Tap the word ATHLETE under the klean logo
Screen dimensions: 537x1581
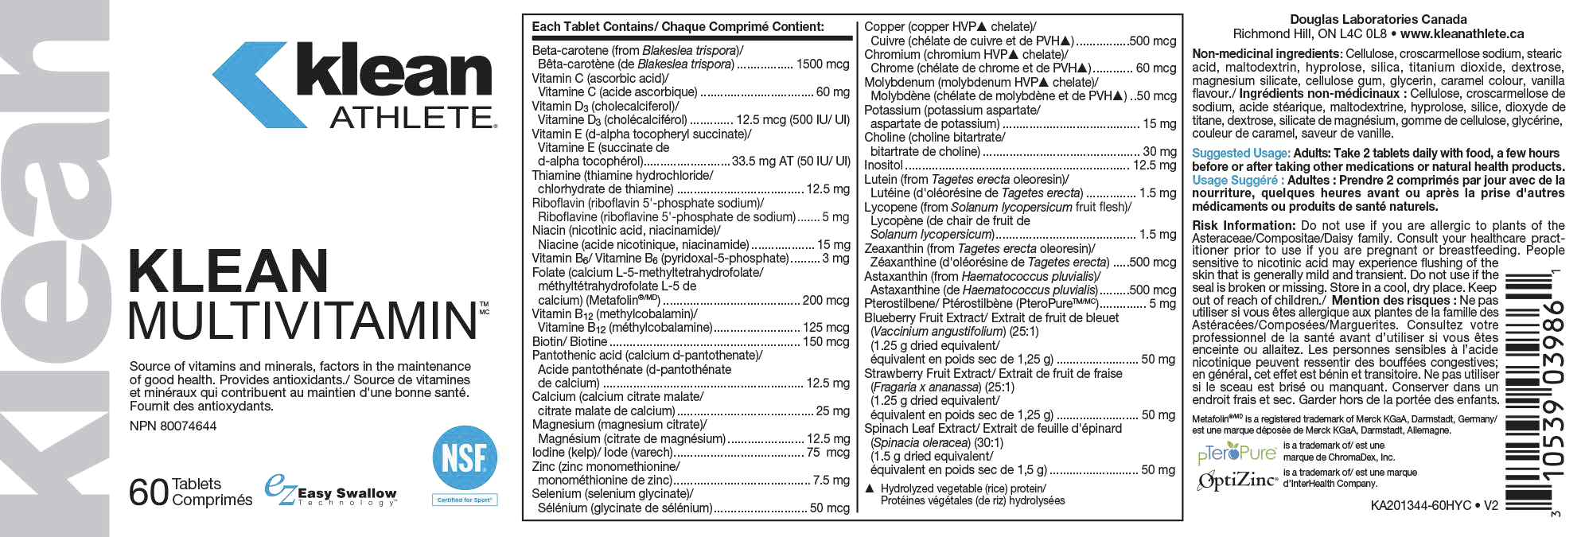tap(412, 118)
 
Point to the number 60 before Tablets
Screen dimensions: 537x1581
tap(149, 493)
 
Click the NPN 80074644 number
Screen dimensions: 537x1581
tap(173, 426)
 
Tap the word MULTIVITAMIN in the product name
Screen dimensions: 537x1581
tap(303, 321)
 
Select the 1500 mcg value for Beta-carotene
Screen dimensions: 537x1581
tap(823, 64)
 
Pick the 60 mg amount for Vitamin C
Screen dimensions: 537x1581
tap(832, 92)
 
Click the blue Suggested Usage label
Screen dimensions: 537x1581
tap(1240, 154)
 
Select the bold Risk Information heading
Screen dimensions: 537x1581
tap(1244, 226)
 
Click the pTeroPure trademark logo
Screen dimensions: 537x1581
tap(1236, 453)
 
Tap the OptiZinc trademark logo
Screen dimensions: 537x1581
tap(1237, 481)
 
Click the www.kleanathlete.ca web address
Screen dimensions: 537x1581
tap(1462, 33)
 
